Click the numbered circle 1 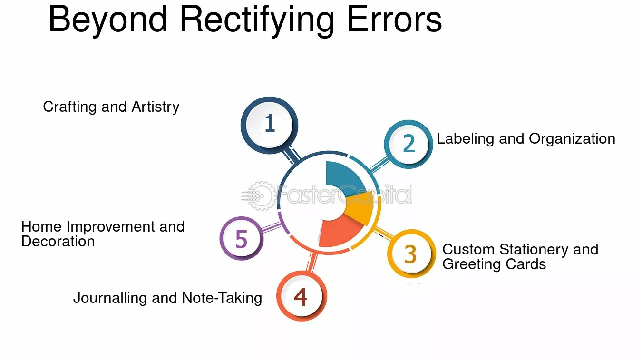pos(270,125)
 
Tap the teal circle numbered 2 pos(409,144)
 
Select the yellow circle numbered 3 pos(411,254)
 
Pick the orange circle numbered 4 pos(302,296)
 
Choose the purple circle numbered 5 pos(242,238)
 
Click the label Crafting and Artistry pos(111,107)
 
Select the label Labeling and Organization pos(526,139)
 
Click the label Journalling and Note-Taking pos(168,298)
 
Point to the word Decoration pos(58,241)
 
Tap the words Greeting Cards pos(494,264)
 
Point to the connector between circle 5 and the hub pos(272,227)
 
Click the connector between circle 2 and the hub pos(379,164)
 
